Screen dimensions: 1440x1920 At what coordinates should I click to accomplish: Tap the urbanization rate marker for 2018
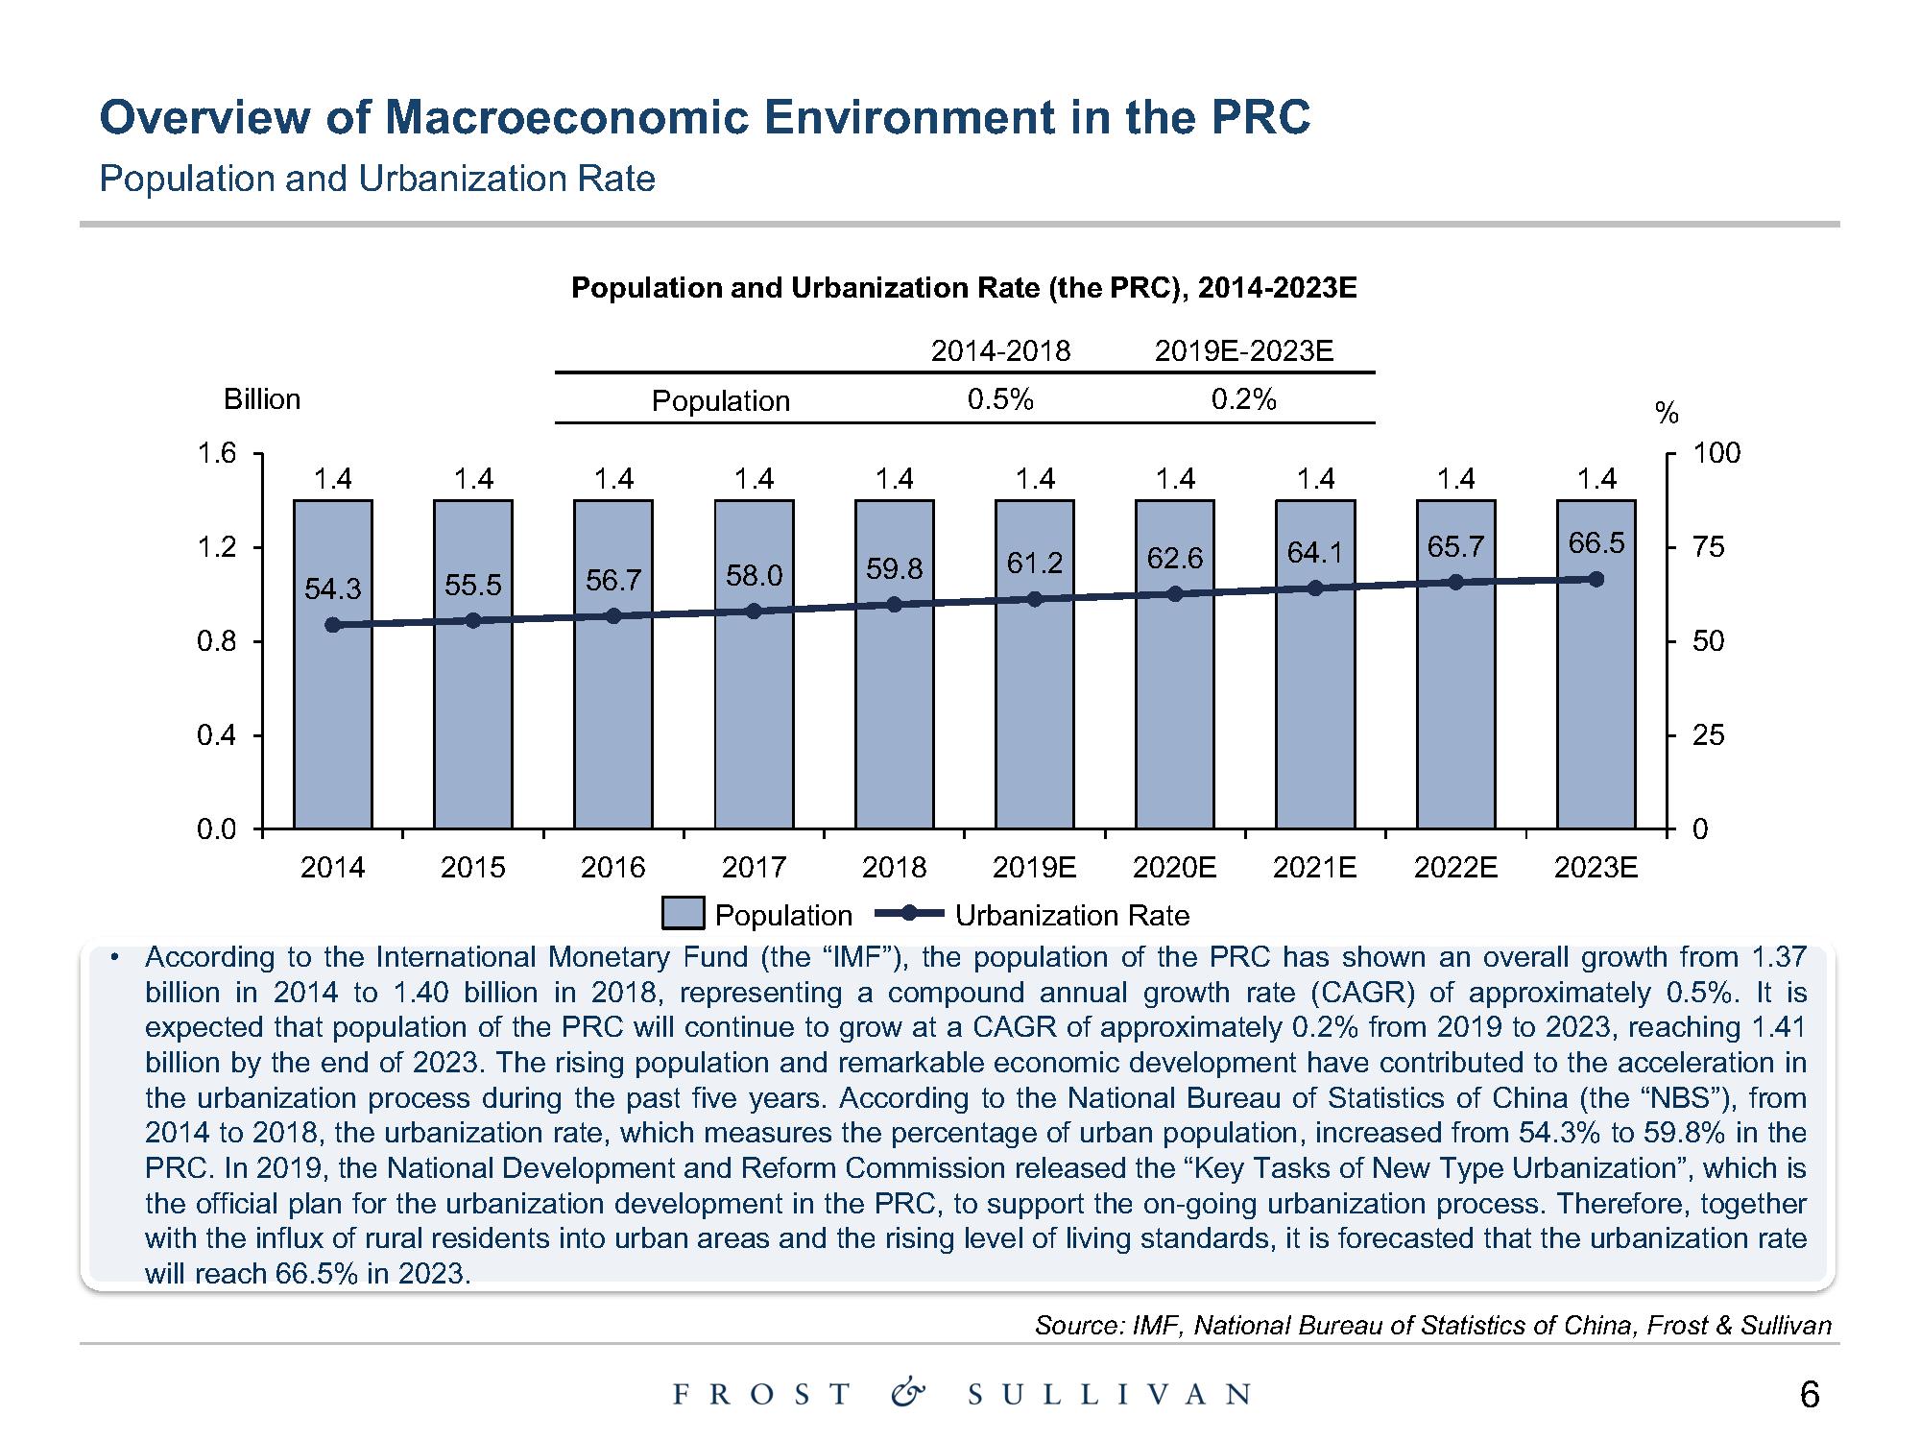click(x=894, y=604)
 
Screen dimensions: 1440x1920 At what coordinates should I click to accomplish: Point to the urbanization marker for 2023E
click(x=1596, y=579)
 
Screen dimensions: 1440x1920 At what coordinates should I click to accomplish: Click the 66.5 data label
click(x=1596, y=543)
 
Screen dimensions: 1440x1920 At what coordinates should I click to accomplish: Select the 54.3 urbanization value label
click(x=332, y=588)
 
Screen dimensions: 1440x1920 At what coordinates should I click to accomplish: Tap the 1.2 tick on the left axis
click(x=216, y=547)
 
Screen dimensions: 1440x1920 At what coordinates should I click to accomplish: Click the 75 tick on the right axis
click(x=1709, y=547)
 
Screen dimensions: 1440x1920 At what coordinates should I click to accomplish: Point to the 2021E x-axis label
click(x=1314, y=868)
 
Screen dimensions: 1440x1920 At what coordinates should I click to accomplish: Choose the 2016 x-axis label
click(x=613, y=868)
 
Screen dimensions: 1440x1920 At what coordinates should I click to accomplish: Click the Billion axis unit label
click(x=261, y=399)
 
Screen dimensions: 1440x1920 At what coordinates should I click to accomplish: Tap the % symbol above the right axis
click(x=1668, y=414)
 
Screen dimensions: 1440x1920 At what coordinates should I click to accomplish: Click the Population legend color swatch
click(x=683, y=914)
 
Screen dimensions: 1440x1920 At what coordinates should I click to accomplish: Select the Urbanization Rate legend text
click(x=1071, y=916)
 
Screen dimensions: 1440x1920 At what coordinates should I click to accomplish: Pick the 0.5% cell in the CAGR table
click(x=999, y=399)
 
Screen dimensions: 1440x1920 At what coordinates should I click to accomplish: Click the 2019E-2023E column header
click(x=1243, y=351)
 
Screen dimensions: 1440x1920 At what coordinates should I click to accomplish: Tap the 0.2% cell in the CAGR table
click(x=1243, y=399)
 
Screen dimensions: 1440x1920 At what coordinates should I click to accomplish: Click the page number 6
click(x=1809, y=1395)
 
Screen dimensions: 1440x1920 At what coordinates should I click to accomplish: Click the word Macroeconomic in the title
click(x=568, y=118)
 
